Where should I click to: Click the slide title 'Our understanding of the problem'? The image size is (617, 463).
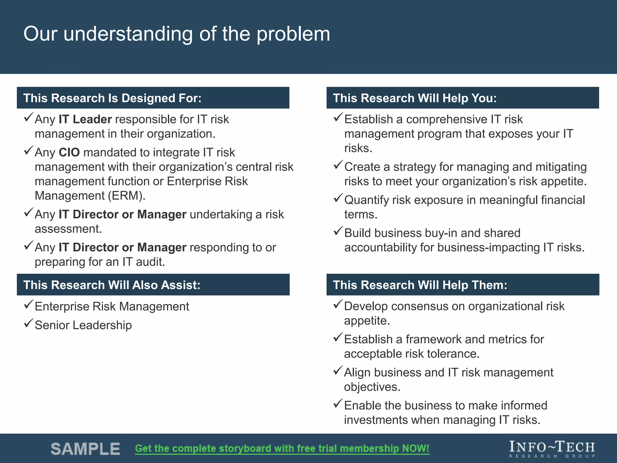click(x=177, y=34)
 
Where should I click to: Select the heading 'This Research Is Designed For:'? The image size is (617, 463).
click(x=112, y=98)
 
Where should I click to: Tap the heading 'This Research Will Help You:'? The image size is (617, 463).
click(x=415, y=98)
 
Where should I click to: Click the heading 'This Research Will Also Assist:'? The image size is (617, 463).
click(x=112, y=285)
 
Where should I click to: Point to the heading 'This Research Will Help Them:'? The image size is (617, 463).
click(x=420, y=285)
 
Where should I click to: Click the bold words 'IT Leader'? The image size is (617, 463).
click(x=85, y=119)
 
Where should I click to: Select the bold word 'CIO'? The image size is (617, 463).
click(x=69, y=153)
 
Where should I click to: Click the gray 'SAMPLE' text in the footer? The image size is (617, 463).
click(x=85, y=449)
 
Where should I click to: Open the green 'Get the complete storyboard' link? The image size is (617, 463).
click(x=282, y=449)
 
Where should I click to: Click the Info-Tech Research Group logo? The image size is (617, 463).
click(x=552, y=449)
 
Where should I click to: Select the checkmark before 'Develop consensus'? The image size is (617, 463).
click(x=338, y=304)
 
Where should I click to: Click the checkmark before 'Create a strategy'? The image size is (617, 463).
click(x=338, y=165)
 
